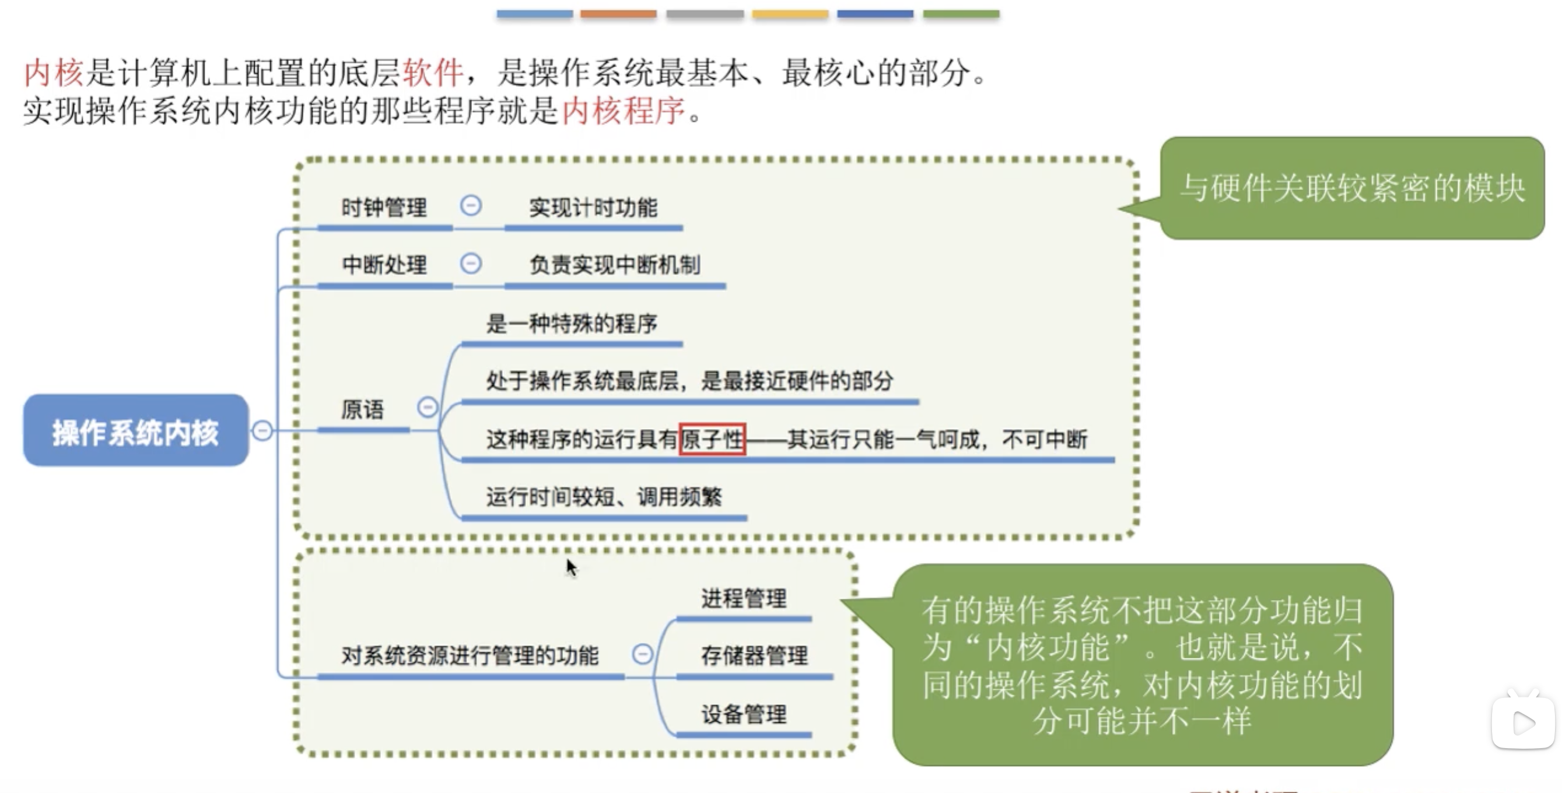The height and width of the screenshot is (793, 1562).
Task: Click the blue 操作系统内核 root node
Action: point(135,431)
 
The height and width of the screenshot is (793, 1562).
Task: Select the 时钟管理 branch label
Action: point(384,208)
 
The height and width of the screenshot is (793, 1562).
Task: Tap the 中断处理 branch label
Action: point(384,265)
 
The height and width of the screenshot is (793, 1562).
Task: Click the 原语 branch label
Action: point(362,410)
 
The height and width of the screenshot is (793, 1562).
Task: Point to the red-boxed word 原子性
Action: point(712,439)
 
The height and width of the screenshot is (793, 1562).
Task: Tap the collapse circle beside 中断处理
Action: point(471,264)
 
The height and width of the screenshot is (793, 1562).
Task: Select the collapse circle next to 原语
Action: point(428,407)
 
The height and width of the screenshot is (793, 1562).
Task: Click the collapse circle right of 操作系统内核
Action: point(262,431)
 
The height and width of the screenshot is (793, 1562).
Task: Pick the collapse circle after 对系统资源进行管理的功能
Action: point(642,654)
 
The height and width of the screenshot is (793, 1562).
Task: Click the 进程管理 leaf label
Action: point(744,599)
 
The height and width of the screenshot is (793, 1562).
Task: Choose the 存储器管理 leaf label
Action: point(754,656)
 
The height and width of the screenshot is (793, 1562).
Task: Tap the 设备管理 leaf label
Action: point(744,714)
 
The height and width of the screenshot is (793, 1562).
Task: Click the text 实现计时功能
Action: point(593,208)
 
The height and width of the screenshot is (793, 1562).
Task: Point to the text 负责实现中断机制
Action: point(615,265)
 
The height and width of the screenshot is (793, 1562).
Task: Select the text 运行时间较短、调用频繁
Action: point(604,497)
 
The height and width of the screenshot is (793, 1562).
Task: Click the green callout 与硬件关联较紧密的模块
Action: point(1351,188)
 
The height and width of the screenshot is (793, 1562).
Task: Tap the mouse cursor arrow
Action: point(571,567)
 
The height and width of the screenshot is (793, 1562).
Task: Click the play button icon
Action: point(1523,722)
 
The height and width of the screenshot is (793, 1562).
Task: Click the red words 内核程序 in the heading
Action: point(624,111)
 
